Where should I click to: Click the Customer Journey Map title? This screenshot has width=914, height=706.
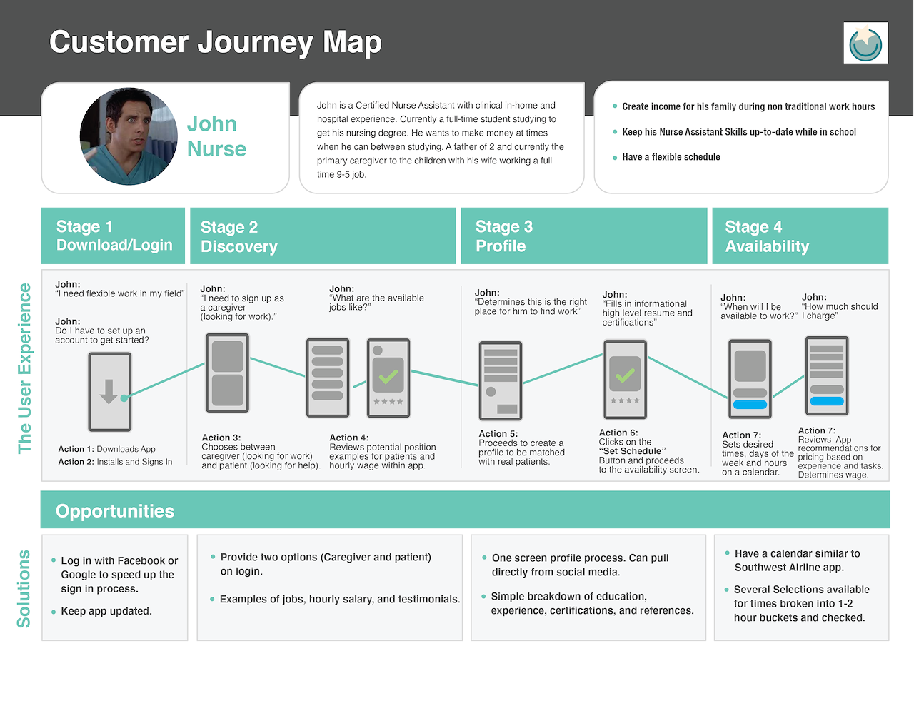(x=216, y=42)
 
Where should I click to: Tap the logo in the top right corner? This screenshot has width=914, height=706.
(x=865, y=43)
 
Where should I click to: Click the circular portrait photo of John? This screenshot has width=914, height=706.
(x=129, y=136)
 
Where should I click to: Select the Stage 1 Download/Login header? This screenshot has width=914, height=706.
(x=113, y=236)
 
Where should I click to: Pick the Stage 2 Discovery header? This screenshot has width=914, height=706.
(x=323, y=236)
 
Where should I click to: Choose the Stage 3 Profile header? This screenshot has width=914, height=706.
(x=584, y=236)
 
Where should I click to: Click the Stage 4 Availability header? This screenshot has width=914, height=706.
(x=800, y=236)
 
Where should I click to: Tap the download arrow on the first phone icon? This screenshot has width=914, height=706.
(x=109, y=391)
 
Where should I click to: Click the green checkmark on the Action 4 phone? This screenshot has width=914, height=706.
(x=388, y=376)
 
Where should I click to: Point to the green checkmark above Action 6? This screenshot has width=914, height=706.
(x=625, y=375)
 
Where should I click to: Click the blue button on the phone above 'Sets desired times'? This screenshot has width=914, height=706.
(x=750, y=405)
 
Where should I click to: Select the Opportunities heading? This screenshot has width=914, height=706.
(x=115, y=511)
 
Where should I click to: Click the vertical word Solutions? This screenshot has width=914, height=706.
(x=24, y=589)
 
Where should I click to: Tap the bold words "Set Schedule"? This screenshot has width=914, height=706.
(x=632, y=451)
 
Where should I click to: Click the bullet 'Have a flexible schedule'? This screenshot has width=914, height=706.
(x=671, y=157)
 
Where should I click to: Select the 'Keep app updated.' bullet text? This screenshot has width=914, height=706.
(x=106, y=611)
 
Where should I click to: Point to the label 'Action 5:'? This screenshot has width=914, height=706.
(x=498, y=433)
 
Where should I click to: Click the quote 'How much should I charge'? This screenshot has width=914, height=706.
(x=840, y=311)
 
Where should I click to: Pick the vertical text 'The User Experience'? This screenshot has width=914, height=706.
(x=24, y=368)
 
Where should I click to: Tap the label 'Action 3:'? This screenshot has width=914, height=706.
(x=221, y=438)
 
